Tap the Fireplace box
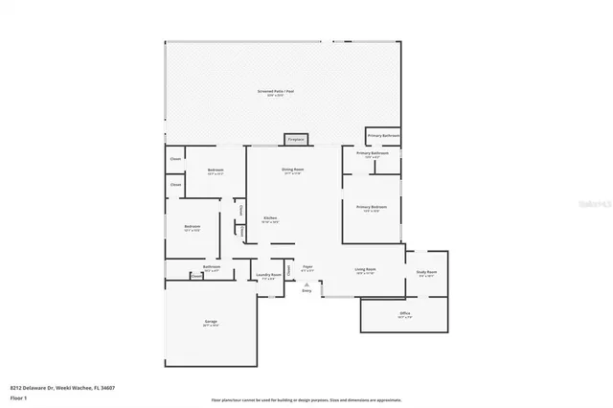tap(296, 139)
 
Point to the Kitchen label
tap(271, 218)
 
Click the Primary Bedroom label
tap(372, 208)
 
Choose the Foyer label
tap(307, 267)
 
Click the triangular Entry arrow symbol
tap(306, 284)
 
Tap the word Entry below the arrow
tap(306, 290)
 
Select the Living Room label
tap(365, 271)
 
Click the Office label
tap(405, 314)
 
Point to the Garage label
tap(211, 323)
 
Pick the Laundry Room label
tap(269, 276)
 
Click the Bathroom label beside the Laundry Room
tap(212, 268)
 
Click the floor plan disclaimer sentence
tap(306, 399)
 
